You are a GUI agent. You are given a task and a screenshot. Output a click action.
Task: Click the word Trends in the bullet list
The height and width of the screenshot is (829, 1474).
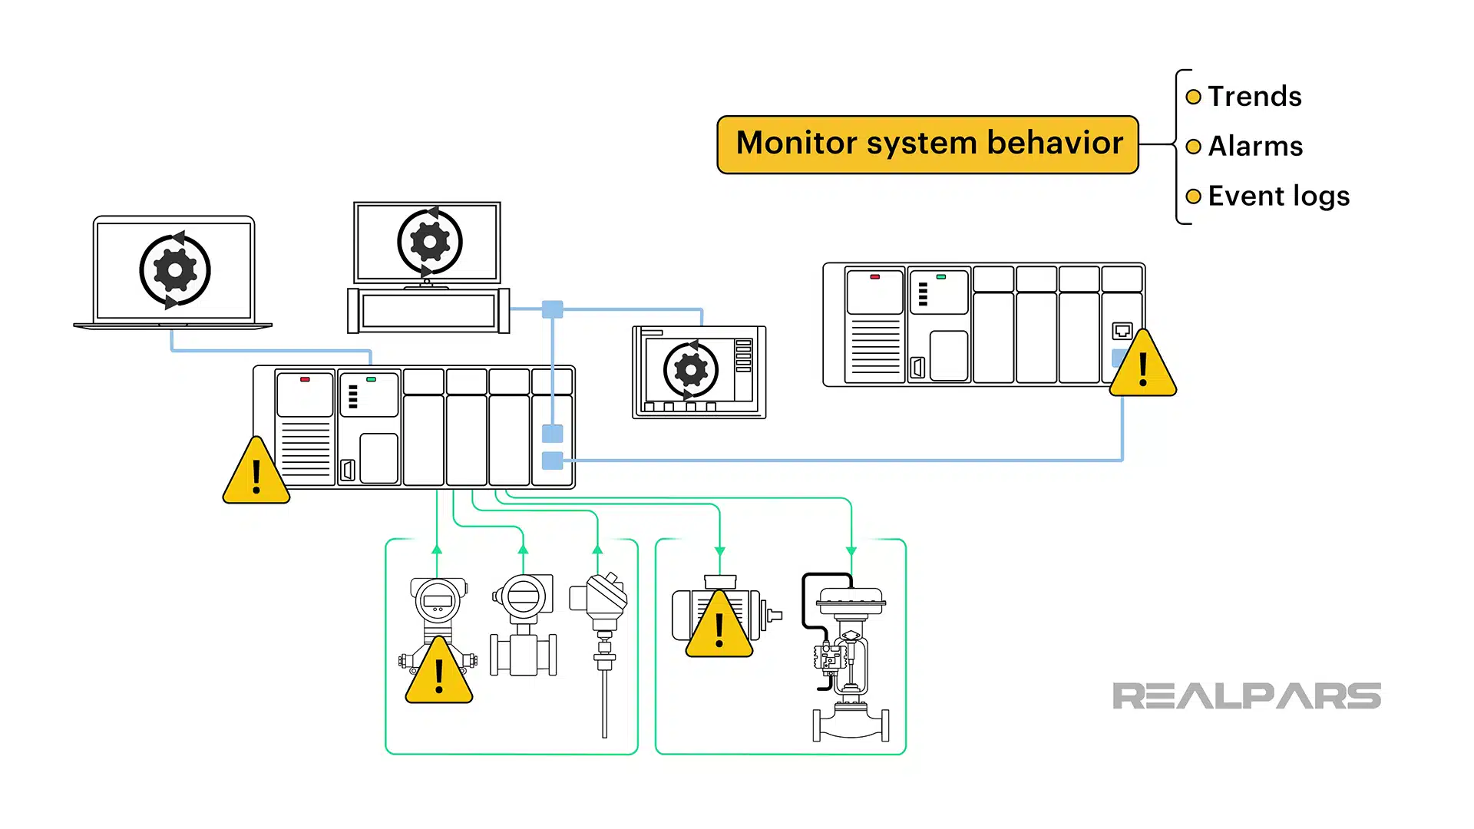[1254, 97]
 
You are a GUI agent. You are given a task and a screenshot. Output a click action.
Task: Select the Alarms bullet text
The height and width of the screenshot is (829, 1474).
[1255, 147]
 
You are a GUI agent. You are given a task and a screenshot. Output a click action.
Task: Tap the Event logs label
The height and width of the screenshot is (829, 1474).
[1278, 197]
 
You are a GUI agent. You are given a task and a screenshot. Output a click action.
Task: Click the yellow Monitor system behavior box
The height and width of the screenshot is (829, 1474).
[927, 144]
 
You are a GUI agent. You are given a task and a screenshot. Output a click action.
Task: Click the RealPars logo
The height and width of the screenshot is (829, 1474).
[1246, 696]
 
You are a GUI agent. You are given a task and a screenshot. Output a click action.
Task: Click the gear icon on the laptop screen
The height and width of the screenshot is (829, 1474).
[174, 270]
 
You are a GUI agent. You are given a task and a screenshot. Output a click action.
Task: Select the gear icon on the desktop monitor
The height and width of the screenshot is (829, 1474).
[429, 242]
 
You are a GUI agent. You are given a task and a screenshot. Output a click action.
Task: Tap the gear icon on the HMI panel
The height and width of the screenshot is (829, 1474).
[690, 370]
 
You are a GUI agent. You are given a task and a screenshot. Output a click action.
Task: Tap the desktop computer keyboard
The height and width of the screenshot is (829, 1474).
[428, 311]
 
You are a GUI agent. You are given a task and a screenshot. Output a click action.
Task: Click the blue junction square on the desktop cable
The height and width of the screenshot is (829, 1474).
[553, 309]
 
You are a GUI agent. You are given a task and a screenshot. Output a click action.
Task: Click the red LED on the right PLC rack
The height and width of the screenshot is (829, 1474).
[874, 276]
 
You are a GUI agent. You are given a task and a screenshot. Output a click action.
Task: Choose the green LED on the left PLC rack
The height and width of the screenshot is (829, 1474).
[371, 379]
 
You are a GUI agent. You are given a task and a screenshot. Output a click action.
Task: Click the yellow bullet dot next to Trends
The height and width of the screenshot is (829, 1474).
[1193, 97]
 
